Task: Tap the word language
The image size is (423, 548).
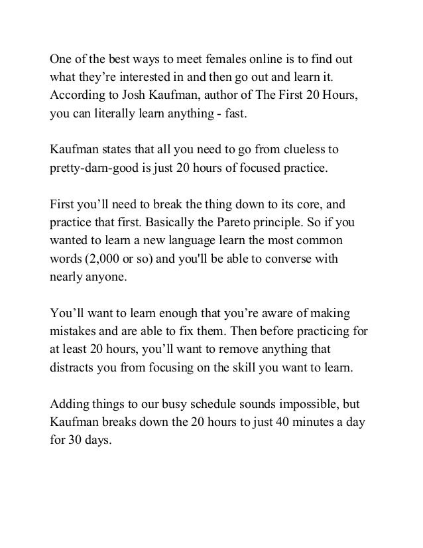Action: (206, 240)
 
